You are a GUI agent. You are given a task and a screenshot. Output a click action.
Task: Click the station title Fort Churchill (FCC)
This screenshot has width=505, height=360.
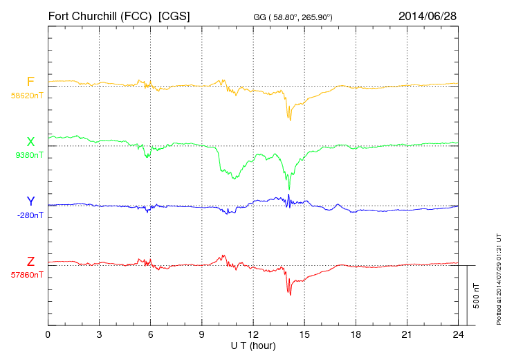(x=100, y=15)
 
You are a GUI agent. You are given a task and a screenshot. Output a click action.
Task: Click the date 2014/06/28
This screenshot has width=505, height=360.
(x=428, y=15)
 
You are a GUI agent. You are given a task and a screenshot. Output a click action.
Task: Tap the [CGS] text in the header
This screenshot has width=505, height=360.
(x=174, y=15)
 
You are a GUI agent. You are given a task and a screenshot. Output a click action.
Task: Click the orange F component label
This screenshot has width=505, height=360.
(x=30, y=82)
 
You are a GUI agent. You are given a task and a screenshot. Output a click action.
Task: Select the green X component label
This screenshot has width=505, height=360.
(x=30, y=142)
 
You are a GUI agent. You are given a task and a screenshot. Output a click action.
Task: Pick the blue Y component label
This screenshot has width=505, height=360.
(x=30, y=201)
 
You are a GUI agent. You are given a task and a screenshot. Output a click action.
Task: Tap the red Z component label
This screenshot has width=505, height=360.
(x=30, y=261)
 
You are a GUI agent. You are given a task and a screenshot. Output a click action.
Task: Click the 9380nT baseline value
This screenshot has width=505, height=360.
(x=28, y=155)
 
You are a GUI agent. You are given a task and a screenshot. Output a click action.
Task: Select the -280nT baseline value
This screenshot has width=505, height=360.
(x=30, y=215)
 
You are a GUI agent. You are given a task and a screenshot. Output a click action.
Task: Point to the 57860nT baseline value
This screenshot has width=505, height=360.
(x=26, y=275)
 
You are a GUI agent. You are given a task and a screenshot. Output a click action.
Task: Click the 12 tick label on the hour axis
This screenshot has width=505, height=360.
(x=253, y=334)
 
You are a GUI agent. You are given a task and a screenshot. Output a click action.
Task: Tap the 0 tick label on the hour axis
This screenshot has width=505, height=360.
(x=48, y=334)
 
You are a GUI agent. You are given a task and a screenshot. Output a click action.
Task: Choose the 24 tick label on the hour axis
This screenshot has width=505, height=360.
(x=458, y=334)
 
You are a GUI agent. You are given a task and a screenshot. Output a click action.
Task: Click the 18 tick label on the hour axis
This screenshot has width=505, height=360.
(x=356, y=334)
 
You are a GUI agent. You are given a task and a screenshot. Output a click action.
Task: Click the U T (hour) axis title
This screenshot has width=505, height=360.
(x=253, y=345)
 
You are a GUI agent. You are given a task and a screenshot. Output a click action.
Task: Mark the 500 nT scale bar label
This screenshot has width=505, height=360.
(x=476, y=296)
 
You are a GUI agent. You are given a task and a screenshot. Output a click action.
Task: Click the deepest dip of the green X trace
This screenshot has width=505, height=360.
(x=289, y=188)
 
